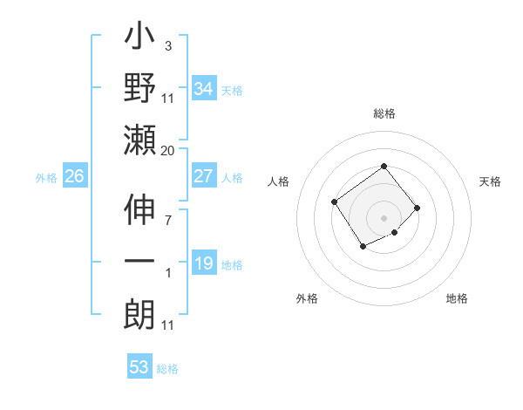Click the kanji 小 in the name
139,39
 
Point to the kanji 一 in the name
139,263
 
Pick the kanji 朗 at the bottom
139,315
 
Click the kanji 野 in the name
139,90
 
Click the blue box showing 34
203,88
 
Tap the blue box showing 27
203,176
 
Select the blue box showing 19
203,263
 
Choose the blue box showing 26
74,176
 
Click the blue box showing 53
139,366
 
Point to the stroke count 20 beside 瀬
168,151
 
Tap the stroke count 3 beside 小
167,46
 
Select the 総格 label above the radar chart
384,113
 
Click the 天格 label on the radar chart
490,181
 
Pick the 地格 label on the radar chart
457,298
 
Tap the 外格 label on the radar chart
307,298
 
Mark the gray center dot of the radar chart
384,217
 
